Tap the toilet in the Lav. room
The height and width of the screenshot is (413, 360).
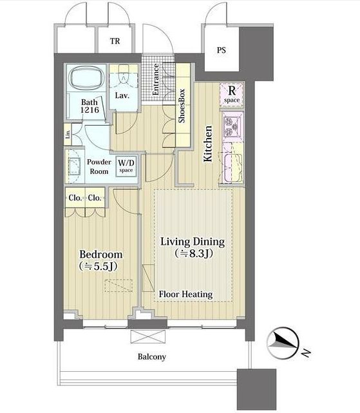[x=123, y=75]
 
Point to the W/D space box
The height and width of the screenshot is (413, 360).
[x=126, y=166]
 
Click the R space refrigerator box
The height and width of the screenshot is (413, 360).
[x=232, y=95]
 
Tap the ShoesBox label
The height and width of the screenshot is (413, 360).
[x=182, y=106]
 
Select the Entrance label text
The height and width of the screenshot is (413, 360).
[x=156, y=79]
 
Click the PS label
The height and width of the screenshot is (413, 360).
[x=222, y=50]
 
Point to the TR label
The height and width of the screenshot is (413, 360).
[x=115, y=41]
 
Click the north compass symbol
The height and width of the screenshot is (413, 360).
[x=283, y=343]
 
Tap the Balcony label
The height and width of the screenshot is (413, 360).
[x=152, y=357]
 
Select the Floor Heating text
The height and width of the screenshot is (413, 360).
[x=185, y=294]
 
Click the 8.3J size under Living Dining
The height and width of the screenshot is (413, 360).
[x=194, y=253]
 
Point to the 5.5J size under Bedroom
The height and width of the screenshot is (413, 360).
[x=98, y=266]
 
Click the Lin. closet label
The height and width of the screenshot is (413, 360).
[x=68, y=134]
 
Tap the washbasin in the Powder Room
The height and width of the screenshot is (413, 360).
[x=74, y=166]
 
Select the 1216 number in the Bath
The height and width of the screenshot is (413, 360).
[x=90, y=110]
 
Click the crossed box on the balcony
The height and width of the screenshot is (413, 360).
[x=148, y=336]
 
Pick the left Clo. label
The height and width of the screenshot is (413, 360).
[x=75, y=198]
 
